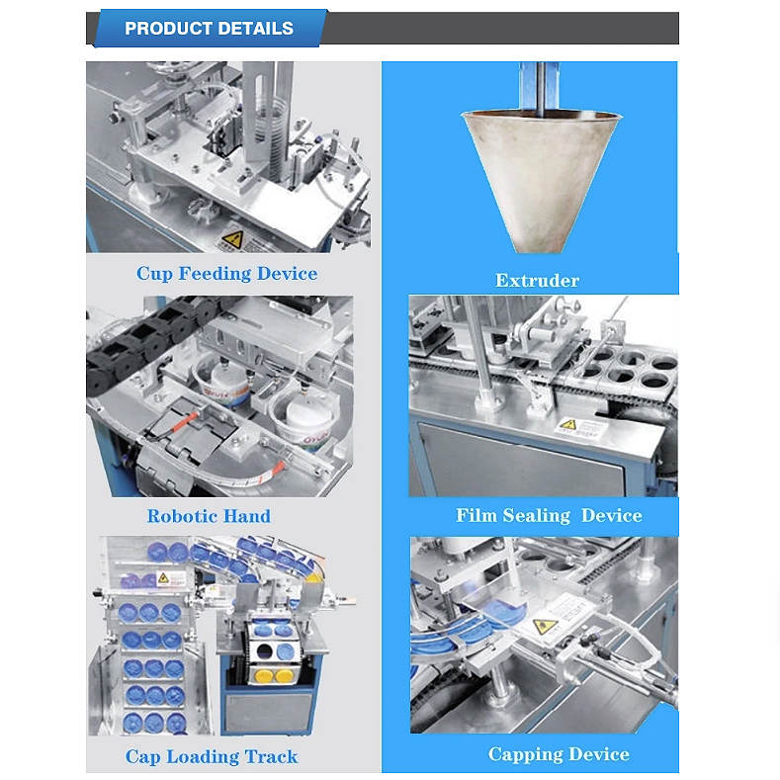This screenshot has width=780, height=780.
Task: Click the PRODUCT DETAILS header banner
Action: click(209, 29)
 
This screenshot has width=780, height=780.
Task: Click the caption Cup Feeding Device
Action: click(226, 274)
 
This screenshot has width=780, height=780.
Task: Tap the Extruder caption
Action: click(537, 281)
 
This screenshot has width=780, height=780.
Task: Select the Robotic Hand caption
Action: click(209, 516)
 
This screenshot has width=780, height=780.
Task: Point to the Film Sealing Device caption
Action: click(550, 515)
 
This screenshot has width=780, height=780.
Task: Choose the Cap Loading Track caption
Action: click(212, 756)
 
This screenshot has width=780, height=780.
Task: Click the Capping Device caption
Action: click(559, 754)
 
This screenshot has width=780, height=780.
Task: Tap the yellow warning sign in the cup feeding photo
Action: click(232, 240)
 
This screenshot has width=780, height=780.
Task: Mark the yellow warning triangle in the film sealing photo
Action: click(568, 425)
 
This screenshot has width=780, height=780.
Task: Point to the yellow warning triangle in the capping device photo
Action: click(545, 627)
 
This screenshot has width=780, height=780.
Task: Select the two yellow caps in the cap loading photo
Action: click(273, 676)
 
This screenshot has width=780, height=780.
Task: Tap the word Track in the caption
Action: click(271, 756)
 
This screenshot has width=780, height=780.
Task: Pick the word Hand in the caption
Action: click(247, 516)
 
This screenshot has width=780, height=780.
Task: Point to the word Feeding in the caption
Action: click(215, 274)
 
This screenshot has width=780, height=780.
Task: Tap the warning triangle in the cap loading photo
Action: click(164, 578)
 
